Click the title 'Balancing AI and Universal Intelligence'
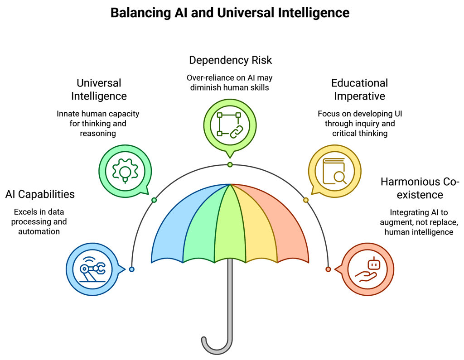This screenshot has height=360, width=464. click(x=230, y=12)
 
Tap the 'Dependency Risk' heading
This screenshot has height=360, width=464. click(x=230, y=60)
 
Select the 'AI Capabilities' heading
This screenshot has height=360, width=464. click(x=40, y=194)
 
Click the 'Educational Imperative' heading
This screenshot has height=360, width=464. click(x=359, y=90)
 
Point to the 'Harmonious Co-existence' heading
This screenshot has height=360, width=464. click(x=420, y=188)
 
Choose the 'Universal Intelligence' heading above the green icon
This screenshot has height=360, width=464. click(x=99, y=90)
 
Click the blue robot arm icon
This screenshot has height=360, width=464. click(x=93, y=269)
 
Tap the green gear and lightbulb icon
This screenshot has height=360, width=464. click(x=125, y=172)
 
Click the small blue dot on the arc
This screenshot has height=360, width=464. click(x=132, y=269)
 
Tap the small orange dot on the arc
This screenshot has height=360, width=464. click(x=328, y=269)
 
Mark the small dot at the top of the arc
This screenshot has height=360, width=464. click(x=230, y=165)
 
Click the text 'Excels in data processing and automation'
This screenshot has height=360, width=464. click(x=39, y=221)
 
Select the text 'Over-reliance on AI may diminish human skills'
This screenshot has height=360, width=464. click(x=230, y=82)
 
